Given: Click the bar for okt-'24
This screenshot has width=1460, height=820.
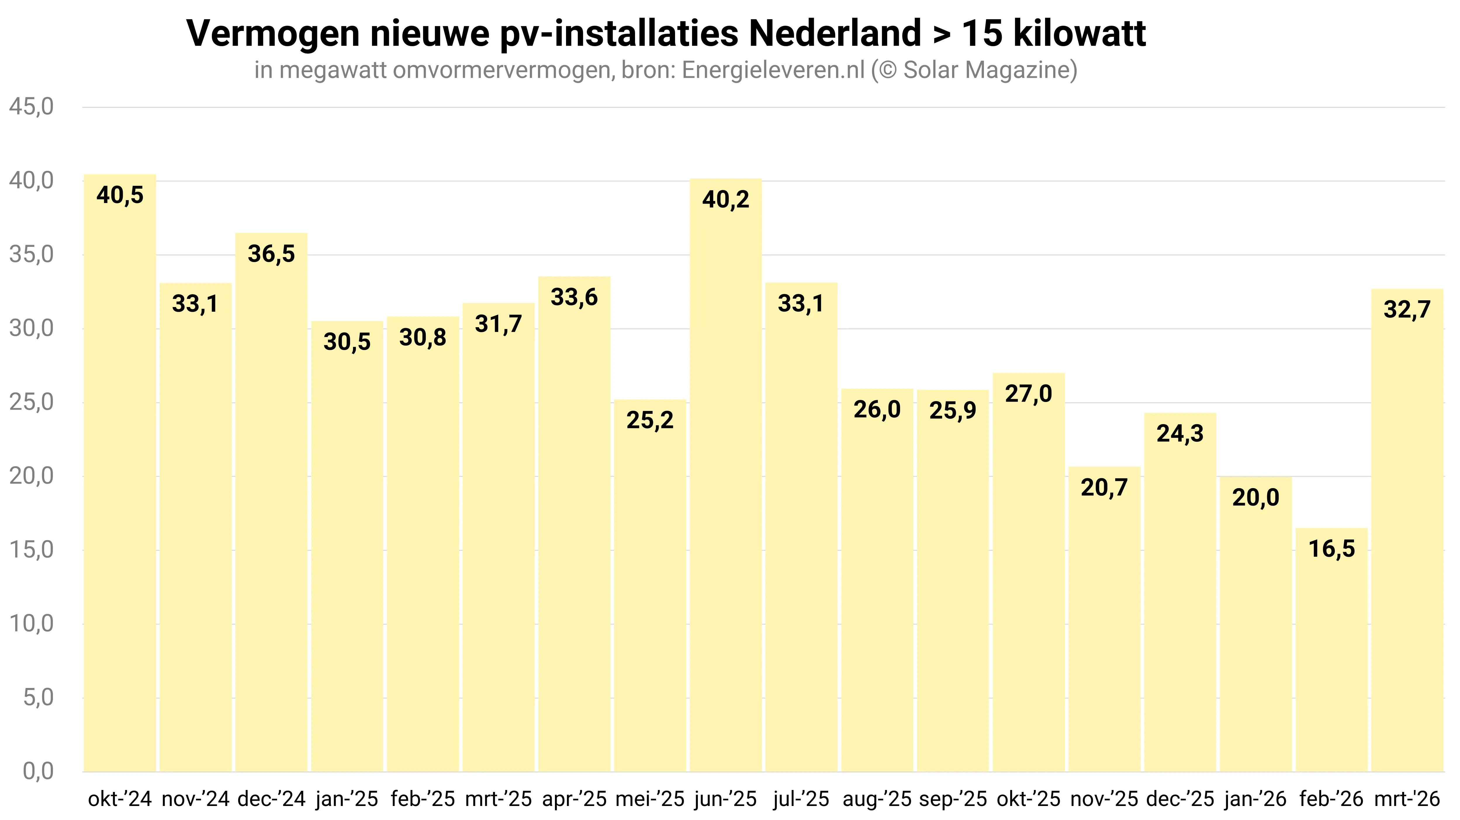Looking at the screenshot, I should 120,482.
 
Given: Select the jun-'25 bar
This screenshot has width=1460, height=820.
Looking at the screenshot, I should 725,482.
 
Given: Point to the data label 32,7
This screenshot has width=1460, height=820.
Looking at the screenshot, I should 1407,309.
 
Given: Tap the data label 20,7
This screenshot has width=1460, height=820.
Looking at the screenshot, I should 1104,487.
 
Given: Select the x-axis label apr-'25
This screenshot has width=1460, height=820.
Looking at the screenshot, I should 574,799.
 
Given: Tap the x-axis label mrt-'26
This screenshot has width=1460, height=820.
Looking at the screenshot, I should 1407,799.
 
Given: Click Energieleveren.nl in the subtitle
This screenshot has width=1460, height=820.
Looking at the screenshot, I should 773,70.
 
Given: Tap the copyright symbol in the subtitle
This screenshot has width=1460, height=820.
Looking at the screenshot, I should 886,70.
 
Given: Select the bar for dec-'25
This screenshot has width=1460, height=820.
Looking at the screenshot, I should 1180,595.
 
